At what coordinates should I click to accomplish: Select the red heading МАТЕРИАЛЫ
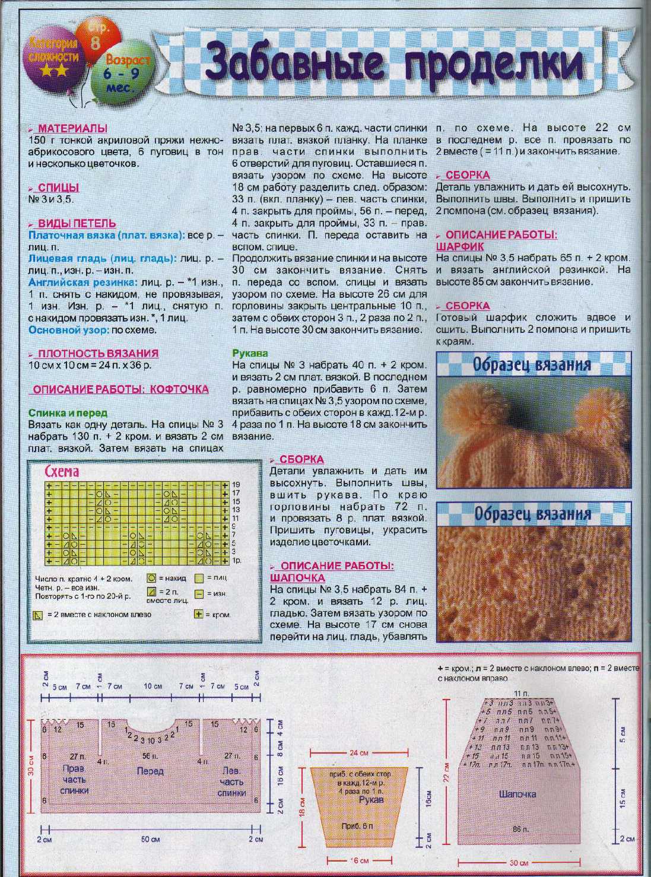pyautogui.click(x=72, y=128)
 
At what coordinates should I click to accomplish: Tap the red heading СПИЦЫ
pyautogui.click(x=58, y=188)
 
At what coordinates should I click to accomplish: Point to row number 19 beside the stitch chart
pyautogui.click(x=236, y=485)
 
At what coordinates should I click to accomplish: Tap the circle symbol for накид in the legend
pyautogui.click(x=152, y=578)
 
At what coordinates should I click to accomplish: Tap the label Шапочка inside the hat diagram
pyautogui.click(x=517, y=794)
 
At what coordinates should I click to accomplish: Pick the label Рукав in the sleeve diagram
pyautogui.click(x=371, y=800)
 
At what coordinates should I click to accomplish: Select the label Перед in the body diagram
pyautogui.click(x=150, y=771)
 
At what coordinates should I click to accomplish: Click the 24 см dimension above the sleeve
pyautogui.click(x=358, y=753)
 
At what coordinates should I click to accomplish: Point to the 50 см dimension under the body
pyautogui.click(x=150, y=840)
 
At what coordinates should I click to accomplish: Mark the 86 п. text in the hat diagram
pyautogui.click(x=519, y=827)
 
